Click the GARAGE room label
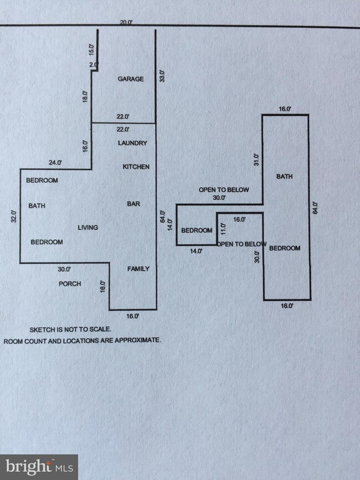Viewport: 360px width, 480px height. [x=131, y=79]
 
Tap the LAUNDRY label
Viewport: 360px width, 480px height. [x=133, y=143]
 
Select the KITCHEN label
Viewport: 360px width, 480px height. [x=136, y=167]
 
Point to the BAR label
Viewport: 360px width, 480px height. [x=133, y=204]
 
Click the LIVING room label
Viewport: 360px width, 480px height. [x=88, y=228]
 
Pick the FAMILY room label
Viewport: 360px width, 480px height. [x=138, y=269]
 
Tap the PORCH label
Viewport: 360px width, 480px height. [x=70, y=284]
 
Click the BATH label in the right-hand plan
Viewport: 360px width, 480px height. [x=285, y=177]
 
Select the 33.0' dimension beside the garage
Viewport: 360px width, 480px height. [x=162, y=76]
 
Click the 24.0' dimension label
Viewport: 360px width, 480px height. [x=55, y=163]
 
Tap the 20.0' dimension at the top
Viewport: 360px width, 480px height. [x=126, y=23]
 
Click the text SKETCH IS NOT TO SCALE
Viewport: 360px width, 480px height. [x=62, y=329]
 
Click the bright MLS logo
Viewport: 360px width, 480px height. [x=39, y=467]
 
